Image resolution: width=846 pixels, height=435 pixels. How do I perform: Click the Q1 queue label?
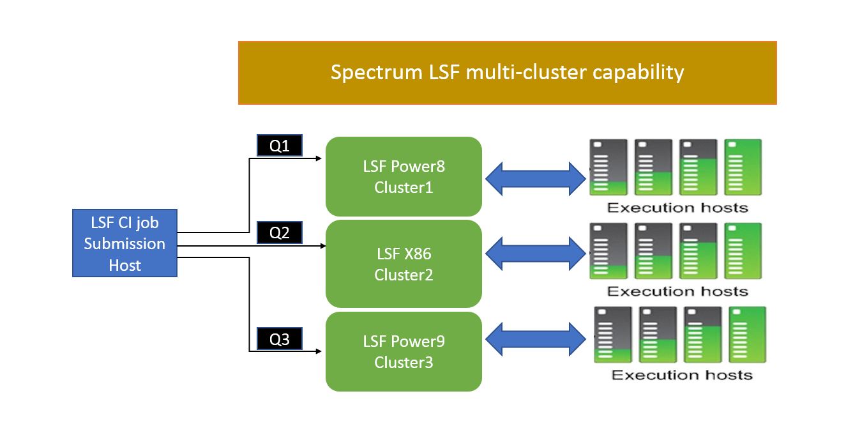pos(279,146)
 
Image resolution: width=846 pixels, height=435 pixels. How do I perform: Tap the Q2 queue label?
pos(279,233)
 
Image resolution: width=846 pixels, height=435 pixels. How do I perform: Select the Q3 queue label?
pos(279,339)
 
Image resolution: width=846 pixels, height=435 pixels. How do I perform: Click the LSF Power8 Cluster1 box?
pos(404,176)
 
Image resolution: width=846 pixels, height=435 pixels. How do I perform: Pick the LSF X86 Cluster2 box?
pos(404,264)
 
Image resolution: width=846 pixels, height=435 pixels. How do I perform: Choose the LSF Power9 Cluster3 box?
pos(404,351)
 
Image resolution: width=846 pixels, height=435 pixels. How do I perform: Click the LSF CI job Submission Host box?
pos(125,243)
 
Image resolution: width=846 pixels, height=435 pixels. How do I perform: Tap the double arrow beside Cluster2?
pos(535,254)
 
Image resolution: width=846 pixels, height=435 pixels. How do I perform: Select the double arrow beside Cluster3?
pos(535,339)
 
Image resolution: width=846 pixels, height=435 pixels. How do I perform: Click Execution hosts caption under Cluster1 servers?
pos(677,208)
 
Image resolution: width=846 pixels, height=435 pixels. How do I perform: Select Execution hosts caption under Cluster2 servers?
pos(677,291)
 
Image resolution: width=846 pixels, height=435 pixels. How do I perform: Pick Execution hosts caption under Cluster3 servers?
pos(682,375)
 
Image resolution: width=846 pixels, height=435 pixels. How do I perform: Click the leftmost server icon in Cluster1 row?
pos(607,167)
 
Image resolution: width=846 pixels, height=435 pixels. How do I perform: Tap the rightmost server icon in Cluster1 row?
pos(743,167)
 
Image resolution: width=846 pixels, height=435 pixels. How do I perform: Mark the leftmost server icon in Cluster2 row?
pos(607,250)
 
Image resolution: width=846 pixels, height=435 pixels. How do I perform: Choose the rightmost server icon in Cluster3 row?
pos(748,334)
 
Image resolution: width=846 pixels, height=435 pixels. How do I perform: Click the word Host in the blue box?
pos(125,265)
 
